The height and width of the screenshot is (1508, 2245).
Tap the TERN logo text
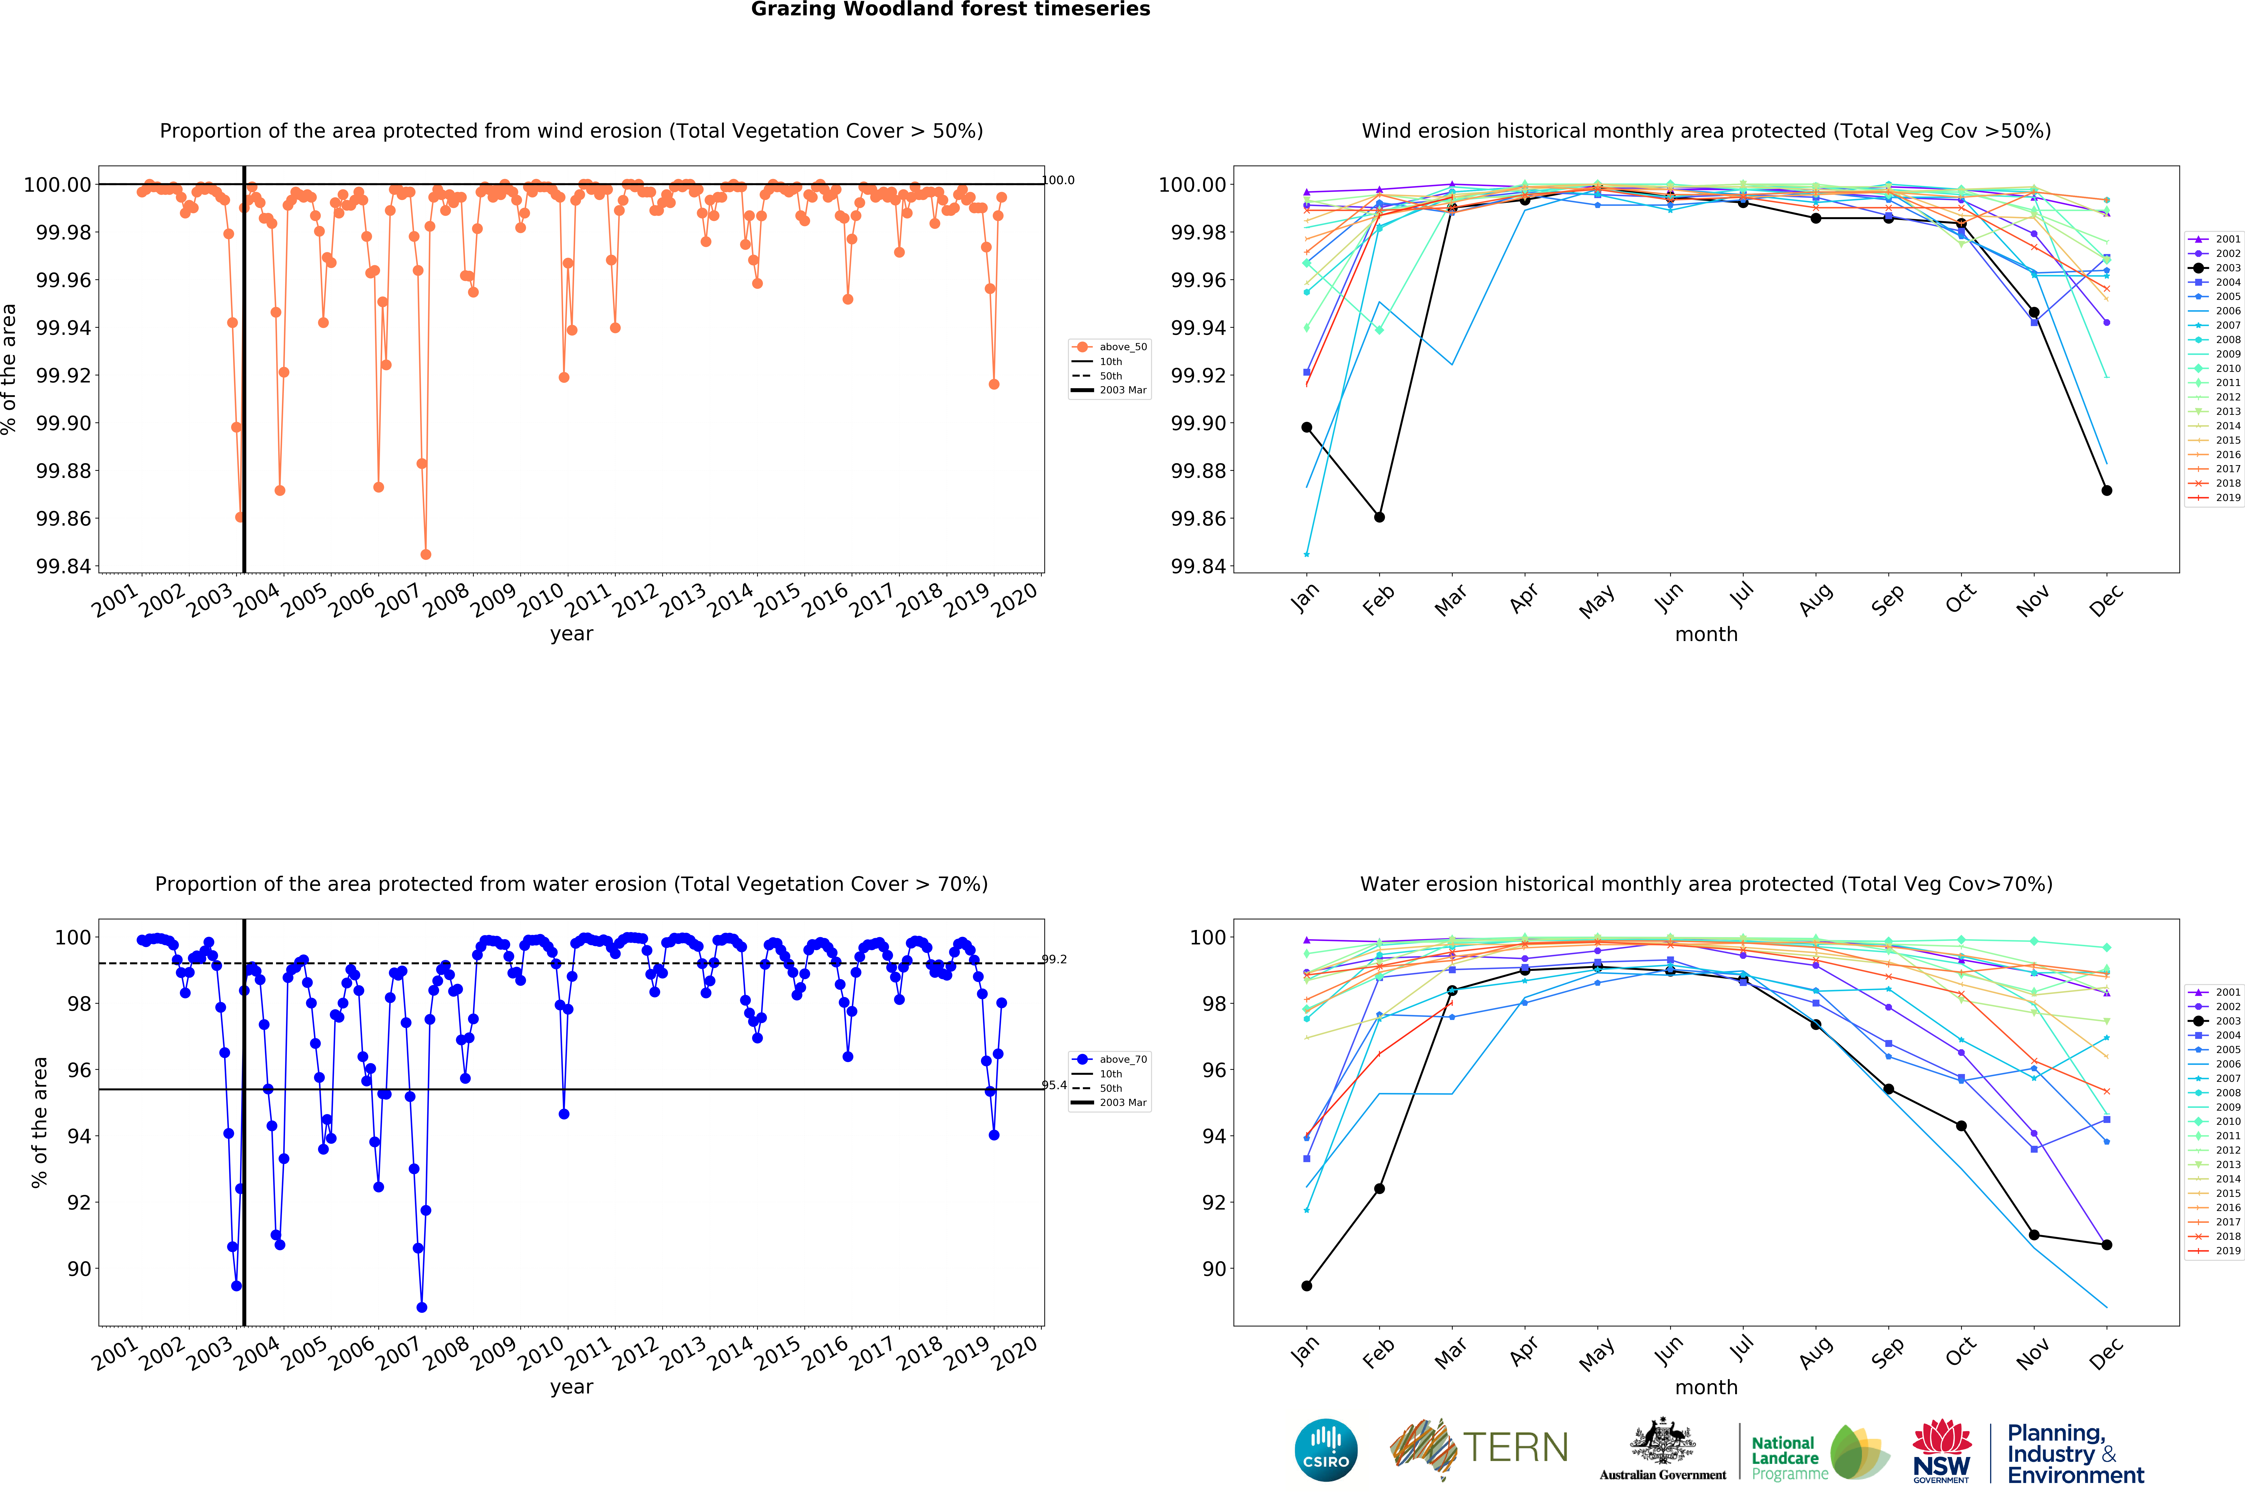click(x=1515, y=1447)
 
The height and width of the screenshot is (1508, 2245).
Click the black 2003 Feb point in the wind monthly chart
click(x=1379, y=517)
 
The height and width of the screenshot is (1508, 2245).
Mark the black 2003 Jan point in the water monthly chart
click(x=1306, y=1286)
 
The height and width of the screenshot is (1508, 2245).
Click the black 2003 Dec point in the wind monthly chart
click(x=2107, y=490)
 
